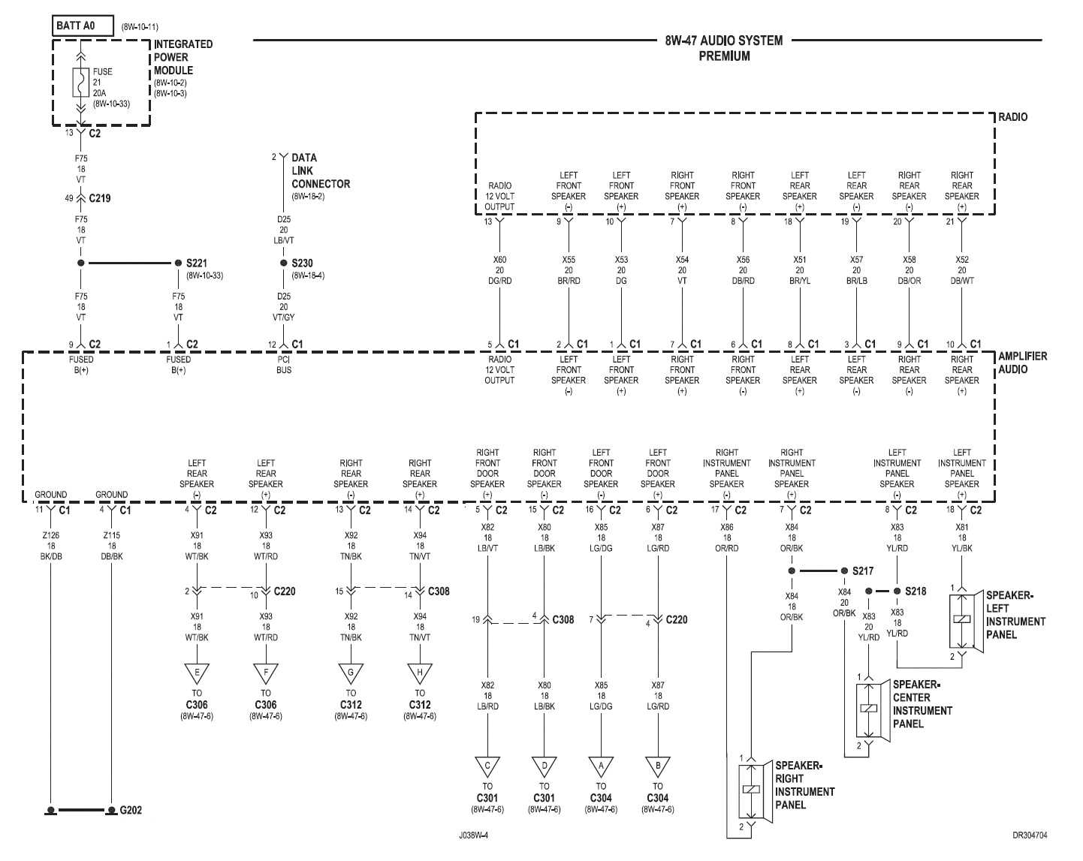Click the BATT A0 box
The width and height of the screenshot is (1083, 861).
click(83, 26)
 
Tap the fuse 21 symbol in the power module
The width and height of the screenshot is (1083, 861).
click(80, 83)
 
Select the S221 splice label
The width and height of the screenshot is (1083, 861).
click(196, 263)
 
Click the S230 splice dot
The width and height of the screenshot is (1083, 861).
click(283, 263)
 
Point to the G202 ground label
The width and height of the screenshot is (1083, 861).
click(130, 810)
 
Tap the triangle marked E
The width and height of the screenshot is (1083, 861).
click(197, 673)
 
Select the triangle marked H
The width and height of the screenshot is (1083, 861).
click(420, 673)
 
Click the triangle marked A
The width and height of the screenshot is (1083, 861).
click(601, 766)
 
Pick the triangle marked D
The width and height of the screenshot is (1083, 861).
click(544, 766)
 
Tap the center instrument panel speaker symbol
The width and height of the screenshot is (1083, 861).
click(869, 709)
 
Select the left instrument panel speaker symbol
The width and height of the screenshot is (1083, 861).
click(962, 620)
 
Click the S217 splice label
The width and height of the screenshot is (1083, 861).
click(862, 570)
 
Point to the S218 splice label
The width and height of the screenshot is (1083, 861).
click(915, 591)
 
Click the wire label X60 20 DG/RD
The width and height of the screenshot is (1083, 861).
click(499, 270)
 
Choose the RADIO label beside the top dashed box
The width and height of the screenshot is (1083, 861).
click(1012, 117)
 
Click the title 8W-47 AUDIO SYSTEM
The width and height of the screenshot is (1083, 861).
click(723, 41)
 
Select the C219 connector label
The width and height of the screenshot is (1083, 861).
click(99, 198)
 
